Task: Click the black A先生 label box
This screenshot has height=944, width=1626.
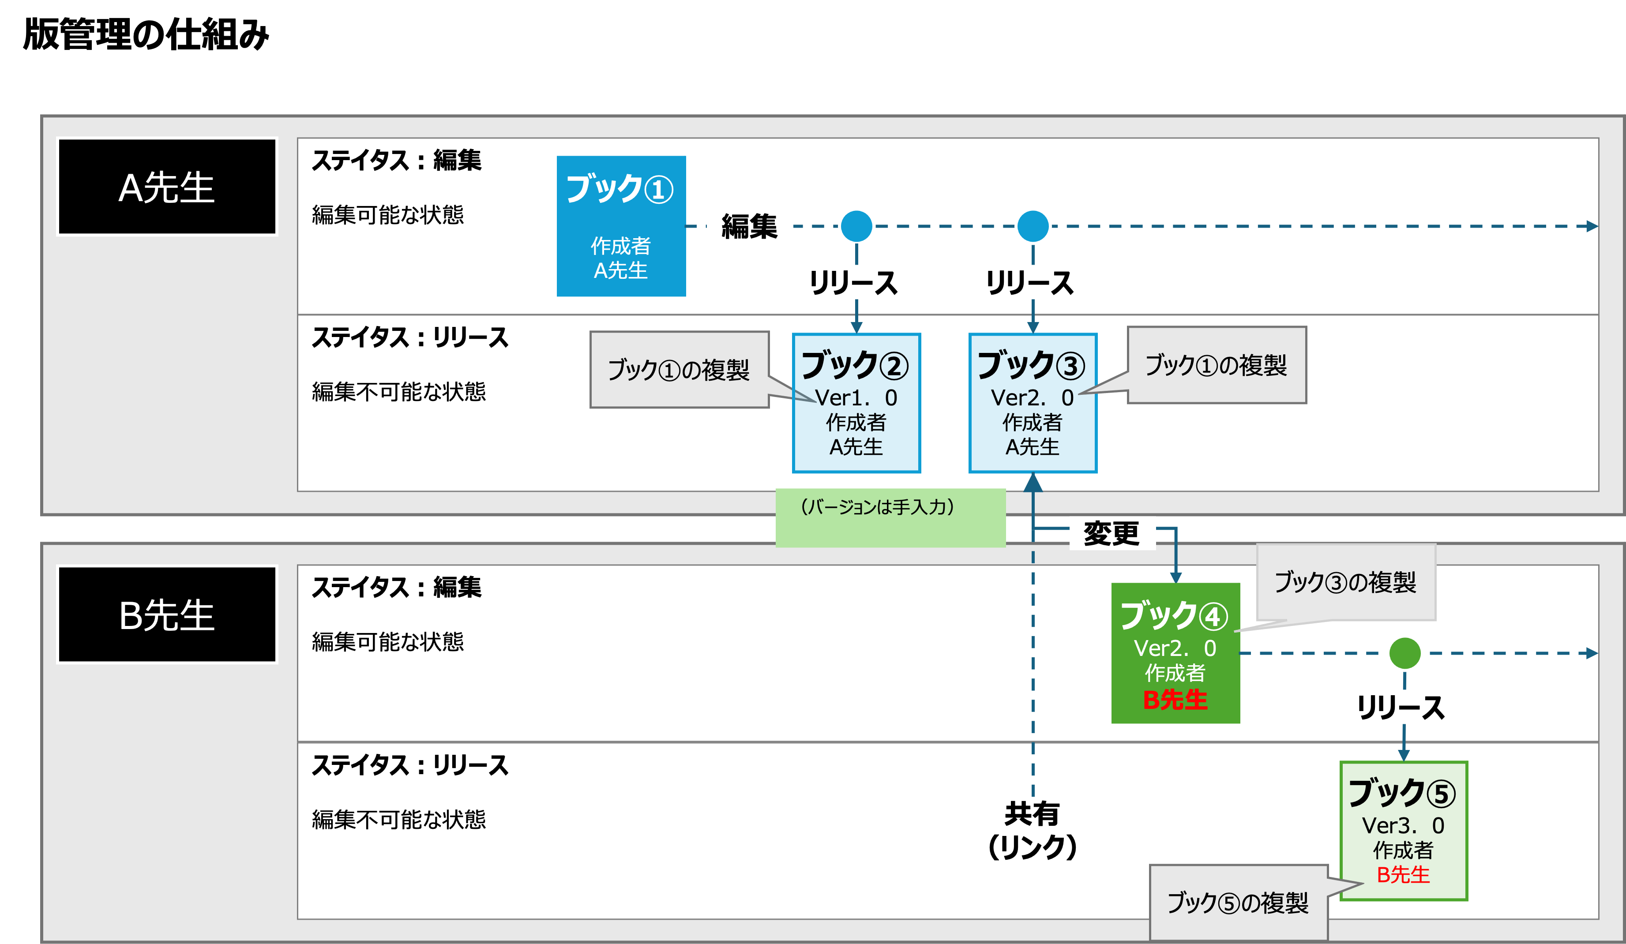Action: (166, 187)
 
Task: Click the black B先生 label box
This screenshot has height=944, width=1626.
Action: (166, 614)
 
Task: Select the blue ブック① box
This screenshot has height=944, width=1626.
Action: (621, 226)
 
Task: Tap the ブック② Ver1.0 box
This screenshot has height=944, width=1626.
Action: (856, 403)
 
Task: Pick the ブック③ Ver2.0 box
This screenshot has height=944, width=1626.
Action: (1033, 403)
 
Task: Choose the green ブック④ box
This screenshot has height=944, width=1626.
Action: (1175, 653)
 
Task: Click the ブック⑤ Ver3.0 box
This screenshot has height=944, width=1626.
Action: (1404, 831)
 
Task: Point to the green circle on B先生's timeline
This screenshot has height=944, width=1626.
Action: (1404, 653)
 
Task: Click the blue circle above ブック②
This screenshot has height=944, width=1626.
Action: (856, 226)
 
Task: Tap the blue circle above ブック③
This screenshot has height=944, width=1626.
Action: (1033, 226)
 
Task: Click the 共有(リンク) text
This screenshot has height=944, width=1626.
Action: (1033, 831)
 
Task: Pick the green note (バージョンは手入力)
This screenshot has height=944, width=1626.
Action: (890, 517)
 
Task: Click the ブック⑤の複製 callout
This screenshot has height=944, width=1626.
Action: (1238, 903)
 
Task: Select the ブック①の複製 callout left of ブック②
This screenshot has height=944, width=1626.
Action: (679, 370)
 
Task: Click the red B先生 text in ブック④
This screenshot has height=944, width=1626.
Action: (1175, 700)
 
